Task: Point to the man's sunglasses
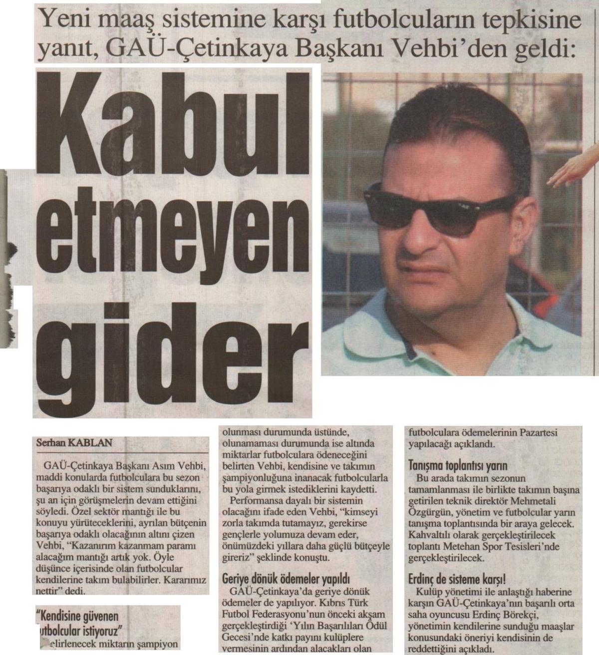439,207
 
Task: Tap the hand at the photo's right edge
574,170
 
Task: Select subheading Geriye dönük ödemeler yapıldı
285,580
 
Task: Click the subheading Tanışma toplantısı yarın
458,466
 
